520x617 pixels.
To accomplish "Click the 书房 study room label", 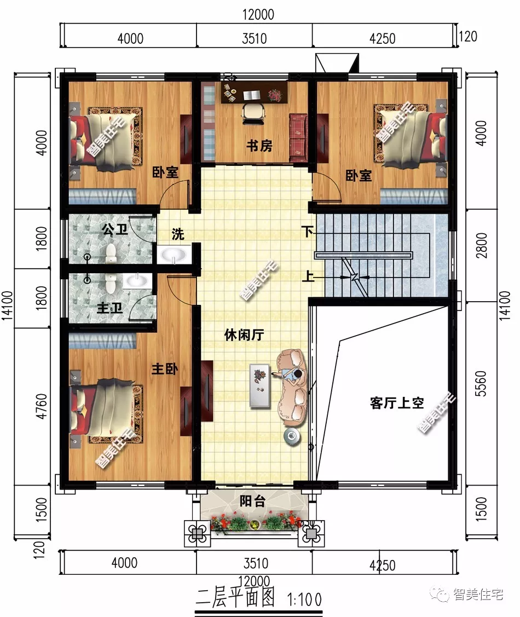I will (259, 146).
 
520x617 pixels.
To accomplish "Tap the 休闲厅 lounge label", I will (244, 335).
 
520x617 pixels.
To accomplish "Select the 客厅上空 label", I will (397, 404).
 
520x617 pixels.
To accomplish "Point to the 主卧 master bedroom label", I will (164, 371).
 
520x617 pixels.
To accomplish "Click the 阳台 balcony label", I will (253, 501).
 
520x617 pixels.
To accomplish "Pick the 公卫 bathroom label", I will (114, 229).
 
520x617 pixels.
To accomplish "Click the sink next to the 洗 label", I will (173, 255).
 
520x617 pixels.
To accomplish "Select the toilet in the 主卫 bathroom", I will (111, 282).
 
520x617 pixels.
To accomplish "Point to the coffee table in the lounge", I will (261, 385).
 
